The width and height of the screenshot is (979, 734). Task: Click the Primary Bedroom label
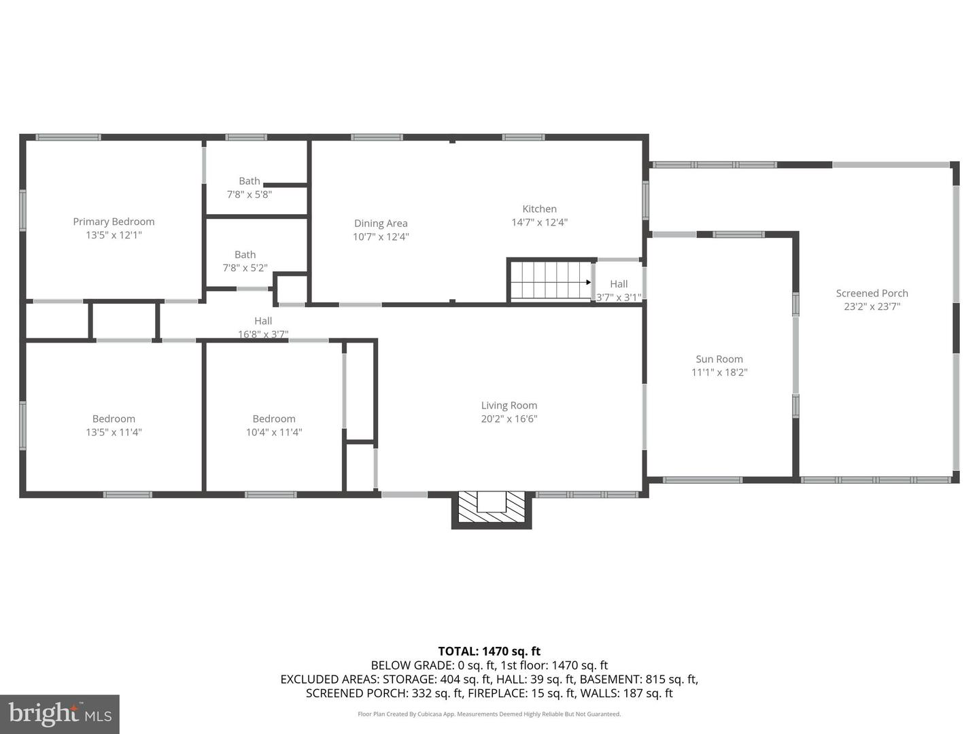114,222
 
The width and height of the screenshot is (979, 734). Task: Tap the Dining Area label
381,224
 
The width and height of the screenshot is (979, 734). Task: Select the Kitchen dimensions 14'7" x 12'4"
539,222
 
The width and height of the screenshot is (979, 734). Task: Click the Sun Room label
719,360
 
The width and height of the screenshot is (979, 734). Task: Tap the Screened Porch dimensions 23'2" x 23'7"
872,307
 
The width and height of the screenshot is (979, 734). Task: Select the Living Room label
509,406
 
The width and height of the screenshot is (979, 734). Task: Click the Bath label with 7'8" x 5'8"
250,181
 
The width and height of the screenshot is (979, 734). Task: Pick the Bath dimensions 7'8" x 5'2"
245,268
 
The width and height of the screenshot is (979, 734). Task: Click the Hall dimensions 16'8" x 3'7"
263,334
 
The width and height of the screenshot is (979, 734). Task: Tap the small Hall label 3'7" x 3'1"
619,284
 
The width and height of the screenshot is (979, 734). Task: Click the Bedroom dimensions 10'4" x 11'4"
274,432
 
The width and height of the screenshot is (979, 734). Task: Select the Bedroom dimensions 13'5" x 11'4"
114,432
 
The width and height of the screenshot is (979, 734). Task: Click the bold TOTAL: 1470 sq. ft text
489,651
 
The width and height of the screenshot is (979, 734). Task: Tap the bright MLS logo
60,714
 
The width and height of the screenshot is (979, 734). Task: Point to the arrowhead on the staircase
588,282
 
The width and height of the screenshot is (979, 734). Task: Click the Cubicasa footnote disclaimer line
489,714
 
